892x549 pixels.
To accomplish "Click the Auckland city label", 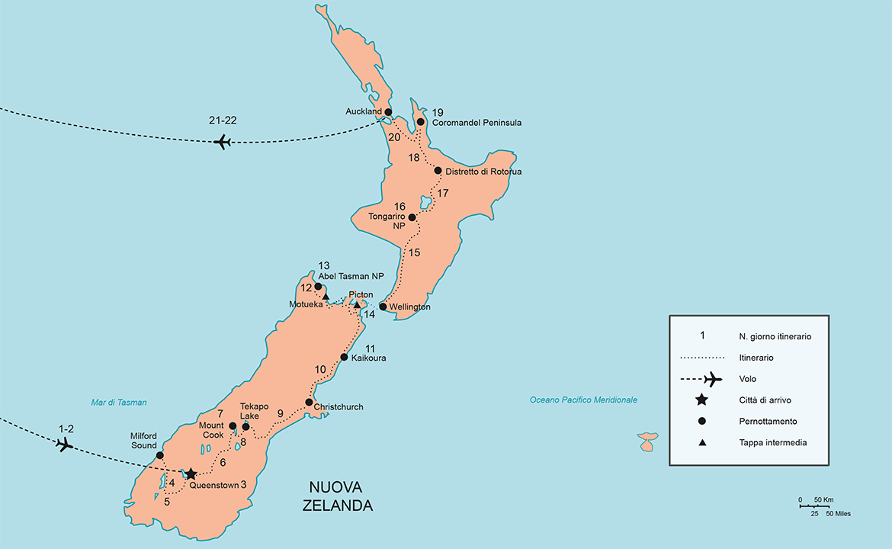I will (x=363, y=112).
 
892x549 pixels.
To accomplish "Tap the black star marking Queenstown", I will (x=191, y=474).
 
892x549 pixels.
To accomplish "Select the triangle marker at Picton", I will (x=357, y=305).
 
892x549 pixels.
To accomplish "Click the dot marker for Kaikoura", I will (x=344, y=357).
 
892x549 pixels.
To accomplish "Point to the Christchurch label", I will (x=339, y=407).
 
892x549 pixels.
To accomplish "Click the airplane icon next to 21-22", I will (x=223, y=142).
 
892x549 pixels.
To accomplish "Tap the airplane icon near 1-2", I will (x=65, y=445).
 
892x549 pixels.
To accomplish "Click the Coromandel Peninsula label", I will (x=476, y=123).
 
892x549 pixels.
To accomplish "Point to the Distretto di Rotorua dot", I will (x=438, y=171).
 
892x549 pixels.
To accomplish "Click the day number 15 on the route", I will (x=414, y=252).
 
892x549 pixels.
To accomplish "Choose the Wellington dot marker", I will (x=383, y=307).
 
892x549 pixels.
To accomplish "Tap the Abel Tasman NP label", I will (x=351, y=276).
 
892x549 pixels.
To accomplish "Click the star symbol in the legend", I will (x=702, y=400).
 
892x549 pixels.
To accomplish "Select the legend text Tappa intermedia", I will (x=772, y=442).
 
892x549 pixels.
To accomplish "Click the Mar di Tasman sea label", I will (x=119, y=403).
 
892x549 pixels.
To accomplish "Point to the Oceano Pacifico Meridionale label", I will (x=583, y=400).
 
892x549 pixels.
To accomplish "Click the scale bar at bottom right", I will (x=814, y=506).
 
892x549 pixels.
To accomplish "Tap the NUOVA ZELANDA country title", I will (x=341, y=496).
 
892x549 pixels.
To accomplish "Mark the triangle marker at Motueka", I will (x=326, y=296).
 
